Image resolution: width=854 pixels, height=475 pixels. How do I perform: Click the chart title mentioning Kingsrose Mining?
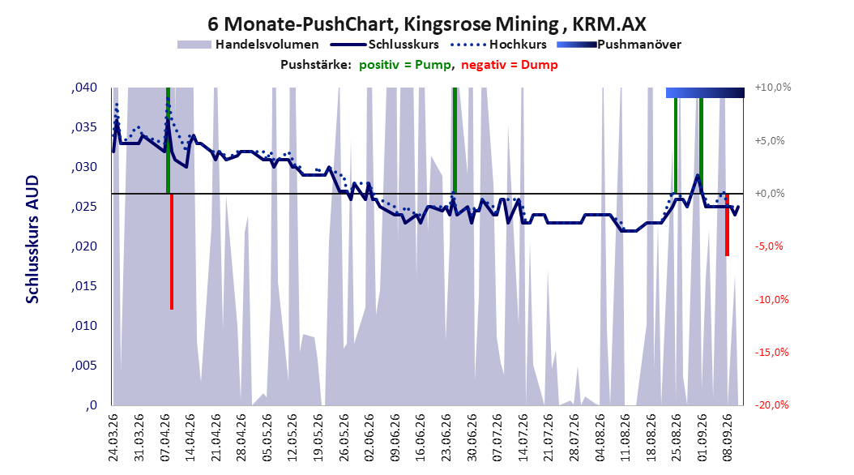pos(426,24)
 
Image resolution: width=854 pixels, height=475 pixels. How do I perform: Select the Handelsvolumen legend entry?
pos(248,45)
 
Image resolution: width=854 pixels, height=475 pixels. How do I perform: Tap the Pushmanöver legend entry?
pos(619,45)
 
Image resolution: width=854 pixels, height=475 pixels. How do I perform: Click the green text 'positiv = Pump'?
pos(405,65)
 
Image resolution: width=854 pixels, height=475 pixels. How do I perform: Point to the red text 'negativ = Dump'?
pos(510,65)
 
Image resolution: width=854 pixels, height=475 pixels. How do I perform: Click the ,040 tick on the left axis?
pos(84,88)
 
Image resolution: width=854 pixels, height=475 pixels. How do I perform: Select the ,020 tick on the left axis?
pos(84,246)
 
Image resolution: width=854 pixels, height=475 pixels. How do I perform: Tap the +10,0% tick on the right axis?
pos(773,88)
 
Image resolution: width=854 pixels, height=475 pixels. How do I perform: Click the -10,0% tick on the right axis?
pos(771,300)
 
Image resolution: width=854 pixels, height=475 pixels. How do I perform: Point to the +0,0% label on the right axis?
pos(770,194)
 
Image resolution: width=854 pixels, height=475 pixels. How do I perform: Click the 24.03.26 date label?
pos(113,438)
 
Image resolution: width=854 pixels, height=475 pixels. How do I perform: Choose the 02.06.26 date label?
pos(369,438)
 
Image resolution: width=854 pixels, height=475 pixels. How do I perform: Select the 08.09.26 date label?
pos(727,438)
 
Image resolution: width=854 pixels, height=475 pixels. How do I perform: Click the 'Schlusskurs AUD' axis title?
pos(32,239)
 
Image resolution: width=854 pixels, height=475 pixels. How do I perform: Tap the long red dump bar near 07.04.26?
pos(172,251)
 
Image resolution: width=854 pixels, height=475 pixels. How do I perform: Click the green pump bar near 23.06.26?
pos(455,140)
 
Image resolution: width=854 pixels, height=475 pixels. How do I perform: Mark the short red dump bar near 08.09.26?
pos(727,225)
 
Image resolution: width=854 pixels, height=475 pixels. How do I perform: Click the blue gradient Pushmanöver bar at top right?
pos(705,92)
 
